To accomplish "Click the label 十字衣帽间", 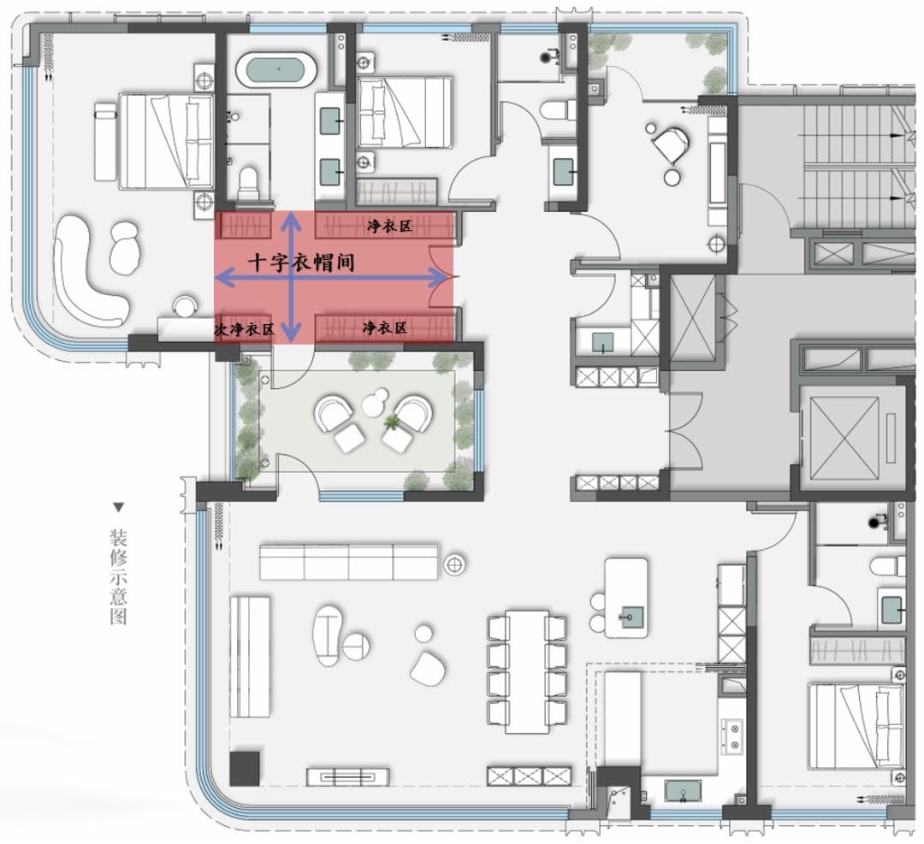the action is tap(301, 262).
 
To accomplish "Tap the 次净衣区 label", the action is tap(245, 330).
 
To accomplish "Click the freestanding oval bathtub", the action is tap(276, 70).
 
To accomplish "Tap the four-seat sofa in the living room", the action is tap(349, 562).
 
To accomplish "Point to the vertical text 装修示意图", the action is tap(118, 577).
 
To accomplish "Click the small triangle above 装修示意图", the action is tap(119, 507).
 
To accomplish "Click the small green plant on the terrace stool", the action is tap(390, 422).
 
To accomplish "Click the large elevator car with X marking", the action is tap(844, 438).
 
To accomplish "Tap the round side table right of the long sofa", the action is tap(454, 564).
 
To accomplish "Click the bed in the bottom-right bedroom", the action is tap(856, 727).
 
